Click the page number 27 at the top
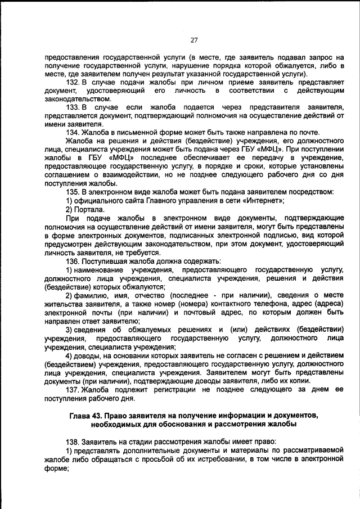(x=194, y=40)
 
